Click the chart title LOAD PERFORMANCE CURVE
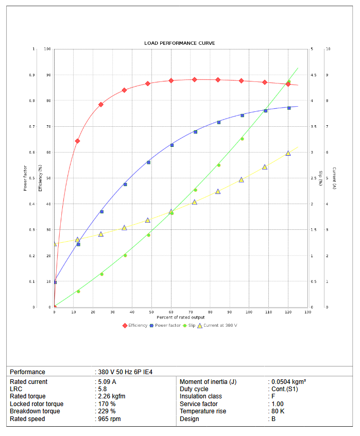[180, 43]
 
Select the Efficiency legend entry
[137, 325]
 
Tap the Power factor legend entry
[167, 325]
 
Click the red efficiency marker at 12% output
[77, 141]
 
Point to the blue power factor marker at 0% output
[55, 282]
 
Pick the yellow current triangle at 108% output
[265, 167]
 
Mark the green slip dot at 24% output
[101, 274]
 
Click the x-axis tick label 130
[308, 312]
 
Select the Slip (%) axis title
[320, 178]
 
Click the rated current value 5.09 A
[107, 382]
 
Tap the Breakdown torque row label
[35, 411]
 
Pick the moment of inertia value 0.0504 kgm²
[289, 382]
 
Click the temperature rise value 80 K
[279, 411]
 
